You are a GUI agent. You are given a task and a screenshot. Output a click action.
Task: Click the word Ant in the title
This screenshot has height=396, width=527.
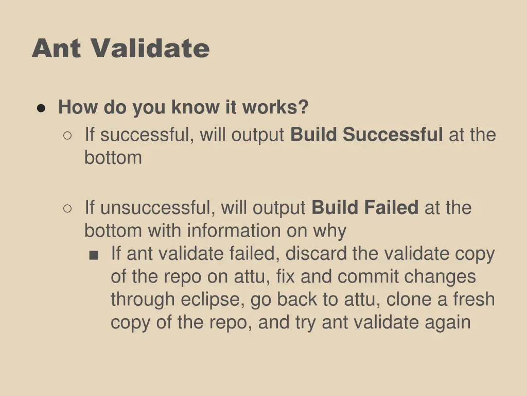(x=57, y=49)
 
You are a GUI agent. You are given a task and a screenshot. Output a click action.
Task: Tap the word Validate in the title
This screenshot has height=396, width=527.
(x=151, y=49)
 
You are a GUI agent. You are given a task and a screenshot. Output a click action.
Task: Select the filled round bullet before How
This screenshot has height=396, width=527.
(x=42, y=108)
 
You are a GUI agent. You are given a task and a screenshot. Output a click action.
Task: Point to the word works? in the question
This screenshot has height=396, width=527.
(x=275, y=107)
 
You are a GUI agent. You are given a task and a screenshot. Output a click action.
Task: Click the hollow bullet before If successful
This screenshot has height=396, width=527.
(x=67, y=135)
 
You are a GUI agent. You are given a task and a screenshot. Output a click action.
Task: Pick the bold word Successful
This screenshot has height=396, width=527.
(x=393, y=135)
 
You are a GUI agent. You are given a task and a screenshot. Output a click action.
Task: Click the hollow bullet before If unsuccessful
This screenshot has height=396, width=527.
(x=67, y=208)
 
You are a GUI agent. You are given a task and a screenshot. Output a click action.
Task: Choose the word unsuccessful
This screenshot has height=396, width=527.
(x=158, y=208)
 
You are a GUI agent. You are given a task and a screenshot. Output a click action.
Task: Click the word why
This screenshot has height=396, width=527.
(x=330, y=231)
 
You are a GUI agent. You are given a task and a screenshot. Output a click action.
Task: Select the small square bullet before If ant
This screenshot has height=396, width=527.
(x=94, y=255)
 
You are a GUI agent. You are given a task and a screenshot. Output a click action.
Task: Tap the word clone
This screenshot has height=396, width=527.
(x=409, y=300)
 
